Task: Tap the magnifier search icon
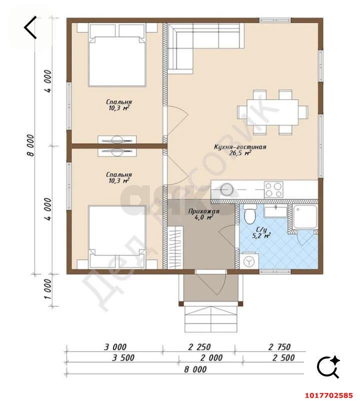coord(328,366)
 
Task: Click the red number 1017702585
coord(329,395)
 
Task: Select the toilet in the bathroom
coord(249,214)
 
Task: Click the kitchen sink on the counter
coord(226,190)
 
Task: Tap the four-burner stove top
coord(273,189)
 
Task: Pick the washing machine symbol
coord(249,261)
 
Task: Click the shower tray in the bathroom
coord(305,216)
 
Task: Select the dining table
coord(272,112)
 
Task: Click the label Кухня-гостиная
coord(240,147)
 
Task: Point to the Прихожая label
coord(204,211)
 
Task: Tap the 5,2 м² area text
coord(261,236)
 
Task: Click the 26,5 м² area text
coord(240,153)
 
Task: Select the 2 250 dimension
coord(199,347)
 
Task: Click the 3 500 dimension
coord(123,357)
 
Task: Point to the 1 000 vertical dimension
coord(48,289)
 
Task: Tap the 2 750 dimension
coord(279,347)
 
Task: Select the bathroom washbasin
coord(275,212)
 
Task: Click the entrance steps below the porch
coord(211,319)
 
